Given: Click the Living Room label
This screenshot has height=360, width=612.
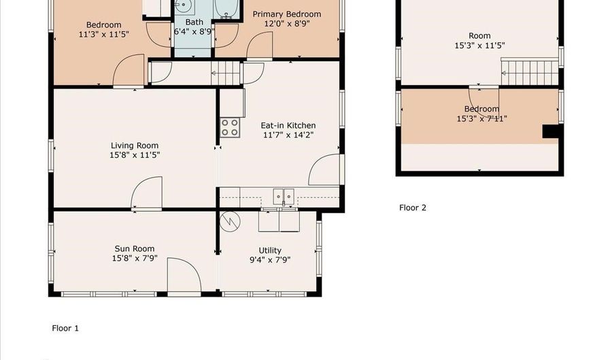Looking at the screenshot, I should click(135, 145).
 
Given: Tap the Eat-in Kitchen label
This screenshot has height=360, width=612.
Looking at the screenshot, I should click(288, 125).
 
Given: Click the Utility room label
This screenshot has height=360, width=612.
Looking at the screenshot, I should click(269, 250).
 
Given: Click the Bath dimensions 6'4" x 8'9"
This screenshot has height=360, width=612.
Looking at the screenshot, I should click(189, 31).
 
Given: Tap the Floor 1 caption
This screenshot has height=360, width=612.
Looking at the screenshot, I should click(65, 328).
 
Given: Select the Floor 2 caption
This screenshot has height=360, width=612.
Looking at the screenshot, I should click(413, 208).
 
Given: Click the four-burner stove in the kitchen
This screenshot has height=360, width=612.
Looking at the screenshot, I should click(230, 127).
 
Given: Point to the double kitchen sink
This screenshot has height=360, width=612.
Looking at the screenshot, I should click(284, 197).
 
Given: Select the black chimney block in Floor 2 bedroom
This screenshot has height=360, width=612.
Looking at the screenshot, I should click(550, 132).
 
